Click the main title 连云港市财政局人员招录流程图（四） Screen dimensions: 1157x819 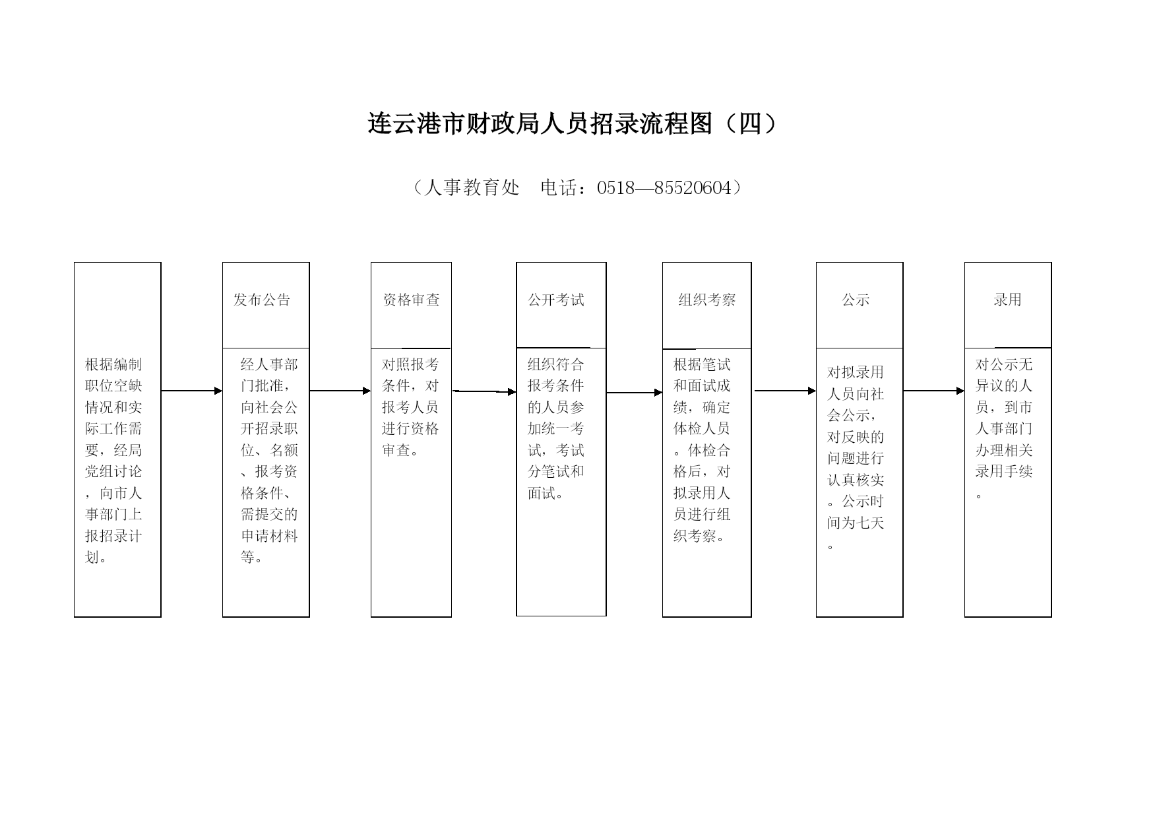point(573,123)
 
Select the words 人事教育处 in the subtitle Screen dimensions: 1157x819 point(472,188)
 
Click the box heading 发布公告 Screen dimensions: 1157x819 point(262,300)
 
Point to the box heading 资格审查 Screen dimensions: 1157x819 point(411,300)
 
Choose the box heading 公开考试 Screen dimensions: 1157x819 point(556,300)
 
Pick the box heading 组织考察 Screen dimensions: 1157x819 point(707,300)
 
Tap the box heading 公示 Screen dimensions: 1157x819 point(856,300)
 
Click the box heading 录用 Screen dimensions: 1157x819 point(1008,300)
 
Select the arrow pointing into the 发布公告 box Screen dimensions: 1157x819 point(192,391)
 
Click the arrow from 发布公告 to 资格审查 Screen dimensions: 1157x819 point(340,391)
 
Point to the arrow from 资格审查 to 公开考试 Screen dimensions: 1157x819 point(485,391)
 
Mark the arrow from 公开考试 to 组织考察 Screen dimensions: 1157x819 point(635,393)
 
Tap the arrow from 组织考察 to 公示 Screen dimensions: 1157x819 point(786,391)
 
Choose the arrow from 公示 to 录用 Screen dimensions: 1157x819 point(934,391)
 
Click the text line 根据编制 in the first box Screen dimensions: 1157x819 point(113,364)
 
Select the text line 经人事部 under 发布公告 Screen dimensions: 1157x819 point(269,364)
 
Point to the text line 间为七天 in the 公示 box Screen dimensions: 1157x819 point(856,523)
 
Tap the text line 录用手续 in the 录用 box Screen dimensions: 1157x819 point(1004,471)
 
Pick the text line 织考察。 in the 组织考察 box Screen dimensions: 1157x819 point(701,536)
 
